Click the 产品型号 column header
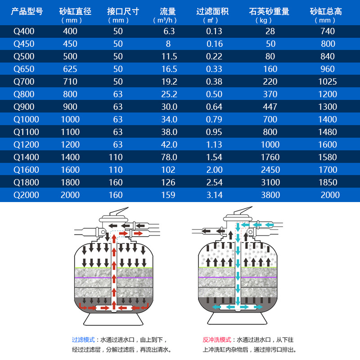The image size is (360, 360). [27, 11]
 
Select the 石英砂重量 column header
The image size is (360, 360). [269, 11]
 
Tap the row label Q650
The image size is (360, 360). [24, 69]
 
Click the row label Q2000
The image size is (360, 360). [26, 195]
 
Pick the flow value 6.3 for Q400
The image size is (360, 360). [169, 31]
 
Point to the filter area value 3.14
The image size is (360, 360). [215, 195]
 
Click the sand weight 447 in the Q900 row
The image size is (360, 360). [270, 107]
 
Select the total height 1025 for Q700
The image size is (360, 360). [328, 81]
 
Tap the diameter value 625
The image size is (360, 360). [70, 69]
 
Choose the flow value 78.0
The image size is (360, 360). [169, 157]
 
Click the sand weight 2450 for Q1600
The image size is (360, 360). [270, 170]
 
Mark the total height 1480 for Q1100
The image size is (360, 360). [328, 132]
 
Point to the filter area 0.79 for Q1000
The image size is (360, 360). [214, 119]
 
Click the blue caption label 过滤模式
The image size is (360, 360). [83, 340]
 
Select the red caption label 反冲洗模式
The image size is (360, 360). [217, 340]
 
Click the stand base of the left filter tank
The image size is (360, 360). [113, 319]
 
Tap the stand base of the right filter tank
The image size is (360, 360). [237, 319]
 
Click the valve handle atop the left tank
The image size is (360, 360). [119, 211]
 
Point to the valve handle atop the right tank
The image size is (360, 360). [243, 211]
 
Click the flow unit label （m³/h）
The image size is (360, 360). [165, 20]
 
